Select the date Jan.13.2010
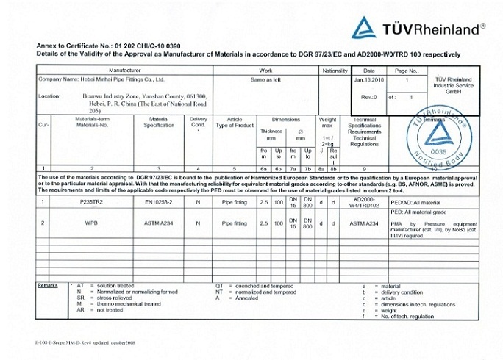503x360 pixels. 369,79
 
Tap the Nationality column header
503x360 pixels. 335,71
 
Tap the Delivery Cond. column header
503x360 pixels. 199,122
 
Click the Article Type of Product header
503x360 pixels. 235,122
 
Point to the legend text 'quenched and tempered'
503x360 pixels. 263,286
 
